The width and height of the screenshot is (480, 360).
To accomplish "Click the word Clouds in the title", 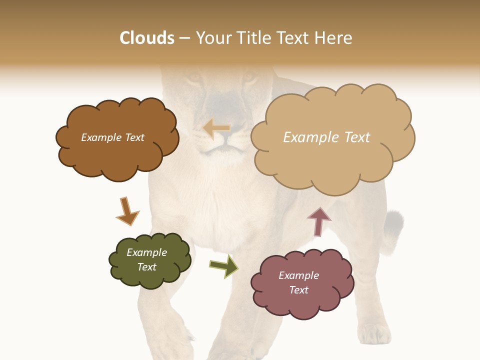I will [147, 38].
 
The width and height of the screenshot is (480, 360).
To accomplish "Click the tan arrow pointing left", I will [216, 128].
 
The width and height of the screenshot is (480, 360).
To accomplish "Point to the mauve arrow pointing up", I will [319, 221].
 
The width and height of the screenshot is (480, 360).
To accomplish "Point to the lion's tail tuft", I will [394, 224].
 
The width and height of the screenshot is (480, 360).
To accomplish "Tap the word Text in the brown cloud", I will [133, 137].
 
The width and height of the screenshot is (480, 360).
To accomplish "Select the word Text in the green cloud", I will [147, 267].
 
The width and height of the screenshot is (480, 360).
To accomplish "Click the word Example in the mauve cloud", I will [298, 275].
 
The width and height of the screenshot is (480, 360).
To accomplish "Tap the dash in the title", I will [184, 38].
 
